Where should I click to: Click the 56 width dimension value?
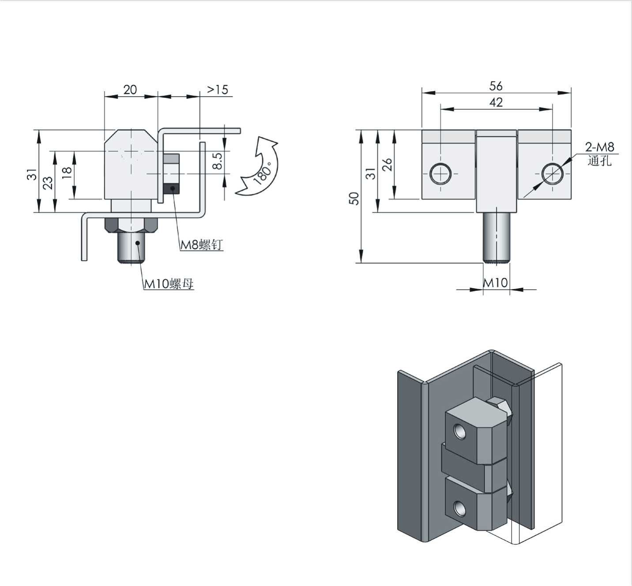pyautogui.click(x=496, y=86)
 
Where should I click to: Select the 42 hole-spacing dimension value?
pyautogui.click(x=496, y=102)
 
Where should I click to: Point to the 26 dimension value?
pyautogui.click(x=387, y=165)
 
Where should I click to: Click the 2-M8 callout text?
pyautogui.click(x=600, y=147)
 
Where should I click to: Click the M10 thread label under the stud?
pyautogui.click(x=495, y=282)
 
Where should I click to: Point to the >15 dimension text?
pyautogui.click(x=218, y=90)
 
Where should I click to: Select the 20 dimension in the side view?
pyautogui.click(x=130, y=90)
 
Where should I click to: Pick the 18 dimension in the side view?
pyautogui.click(x=67, y=172)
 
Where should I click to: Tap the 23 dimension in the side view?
pyautogui.click(x=48, y=182)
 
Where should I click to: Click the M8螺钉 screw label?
pyautogui.click(x=201, y=245)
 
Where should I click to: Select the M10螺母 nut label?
pyautogui.click(x=169, y=284)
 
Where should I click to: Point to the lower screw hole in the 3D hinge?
pyautogui.click(x=459, y=507)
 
